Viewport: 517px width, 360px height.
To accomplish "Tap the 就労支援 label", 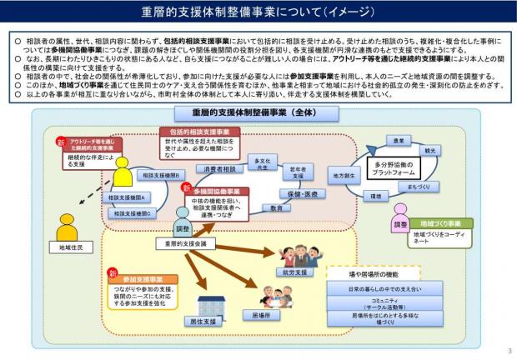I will pos(295,272).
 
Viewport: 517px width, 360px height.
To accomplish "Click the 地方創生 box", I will pos(341,176).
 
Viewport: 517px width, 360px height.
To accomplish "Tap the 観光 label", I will pos(430,151).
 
